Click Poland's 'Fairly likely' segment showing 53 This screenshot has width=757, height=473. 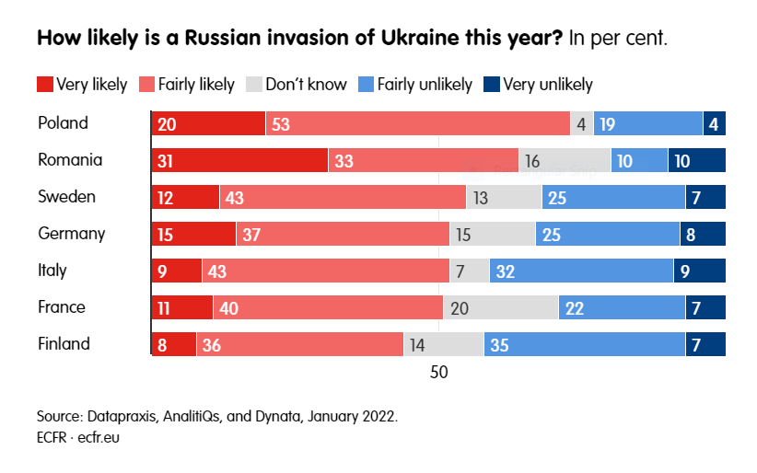pyautogui.click(x=417, y=123)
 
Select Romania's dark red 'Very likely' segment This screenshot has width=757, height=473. pyautogui.click(x=239, y=160)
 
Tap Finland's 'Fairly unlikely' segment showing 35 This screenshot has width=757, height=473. pyautogui.click(x=584, y=344)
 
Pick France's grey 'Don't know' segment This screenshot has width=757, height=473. pyautogui.click(x=500, y=307)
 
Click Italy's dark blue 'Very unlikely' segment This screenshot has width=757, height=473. pyautogui.click(x=700, y=271)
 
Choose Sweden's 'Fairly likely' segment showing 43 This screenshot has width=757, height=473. pyautogui.click(x=343, y=197)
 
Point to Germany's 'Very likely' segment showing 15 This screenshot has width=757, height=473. pyautogui.click(x=193, y=234)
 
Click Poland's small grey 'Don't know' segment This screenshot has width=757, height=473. pyautogui.click(x=581, y=123)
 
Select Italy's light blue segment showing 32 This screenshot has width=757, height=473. pyautogui.click(x=581, y=271)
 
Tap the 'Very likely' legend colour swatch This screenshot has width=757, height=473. pyautogui.click(x=45, y=85)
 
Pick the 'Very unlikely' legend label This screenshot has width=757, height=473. pyautogui.click(x=548, y=85)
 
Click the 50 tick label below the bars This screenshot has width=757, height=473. pyautogui.click(x=438, y=373)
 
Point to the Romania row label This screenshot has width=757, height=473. pyautogui.click(x=70, y=160)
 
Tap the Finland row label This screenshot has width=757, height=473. pyautogui.click(x=64, y=344)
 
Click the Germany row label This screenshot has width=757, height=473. pyautogui.click(x=71, y=234)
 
